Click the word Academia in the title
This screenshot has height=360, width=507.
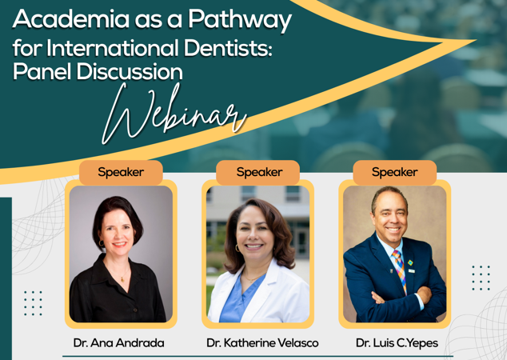click(71, 18)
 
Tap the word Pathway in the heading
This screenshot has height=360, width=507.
click(240, 21)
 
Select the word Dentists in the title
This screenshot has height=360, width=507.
click(228, 48)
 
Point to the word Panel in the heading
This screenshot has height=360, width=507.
click(42, 71)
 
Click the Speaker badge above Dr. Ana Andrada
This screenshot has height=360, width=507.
click(121, 172)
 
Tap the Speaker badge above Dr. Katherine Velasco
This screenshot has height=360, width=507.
click(259, 172)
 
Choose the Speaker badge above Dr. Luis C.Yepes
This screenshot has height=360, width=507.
click(394, 172)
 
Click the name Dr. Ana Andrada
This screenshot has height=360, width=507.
click(118, 343)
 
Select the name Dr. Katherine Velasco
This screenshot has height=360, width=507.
click(262, 343)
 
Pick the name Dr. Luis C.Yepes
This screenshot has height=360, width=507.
click(397, 343)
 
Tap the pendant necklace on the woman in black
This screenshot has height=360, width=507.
click(122, 278)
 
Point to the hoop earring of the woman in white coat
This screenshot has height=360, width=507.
click(237, 248)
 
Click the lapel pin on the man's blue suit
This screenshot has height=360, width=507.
click(410, 262)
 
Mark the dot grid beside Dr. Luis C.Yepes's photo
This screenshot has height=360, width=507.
click(481, 278)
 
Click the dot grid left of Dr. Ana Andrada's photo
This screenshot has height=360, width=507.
click(33, 303)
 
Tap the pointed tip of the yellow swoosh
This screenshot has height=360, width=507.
click(475, 41)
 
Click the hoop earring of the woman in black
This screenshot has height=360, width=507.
click(102, 243)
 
